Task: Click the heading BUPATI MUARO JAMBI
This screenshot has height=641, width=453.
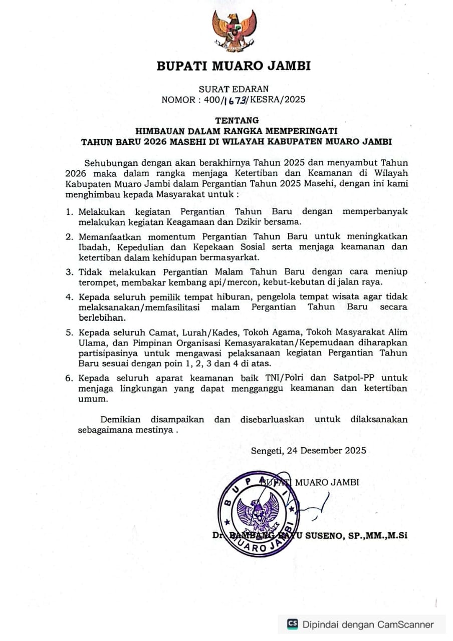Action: click(234, 66)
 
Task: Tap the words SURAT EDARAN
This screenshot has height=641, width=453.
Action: click(234, 89)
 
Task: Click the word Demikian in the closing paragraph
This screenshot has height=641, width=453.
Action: click(120, 419)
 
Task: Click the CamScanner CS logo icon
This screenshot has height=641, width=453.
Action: click(292, 624)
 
